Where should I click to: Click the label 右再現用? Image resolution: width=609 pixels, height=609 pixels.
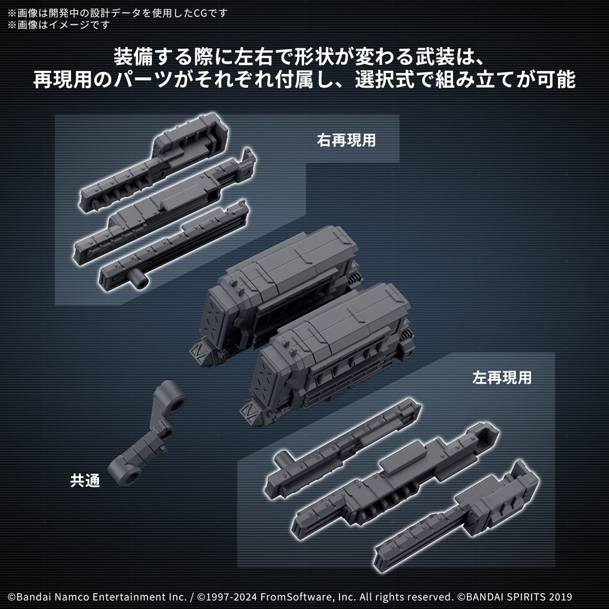346,141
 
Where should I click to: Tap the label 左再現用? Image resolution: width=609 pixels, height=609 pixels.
501,378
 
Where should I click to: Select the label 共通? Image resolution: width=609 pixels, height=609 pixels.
85,480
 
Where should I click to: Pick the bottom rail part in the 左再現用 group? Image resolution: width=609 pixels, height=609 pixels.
457,518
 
